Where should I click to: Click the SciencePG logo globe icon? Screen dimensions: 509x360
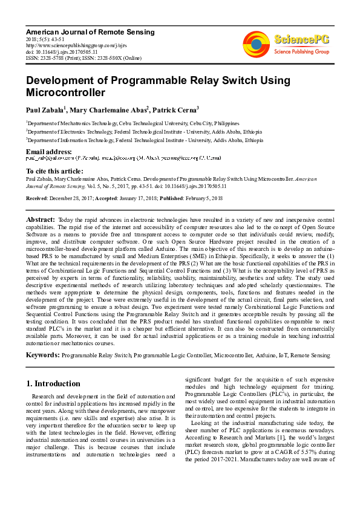pos(256,44)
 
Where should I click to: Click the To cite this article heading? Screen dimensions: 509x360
pos(56,172)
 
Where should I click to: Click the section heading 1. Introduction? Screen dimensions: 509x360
pos(54,383)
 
